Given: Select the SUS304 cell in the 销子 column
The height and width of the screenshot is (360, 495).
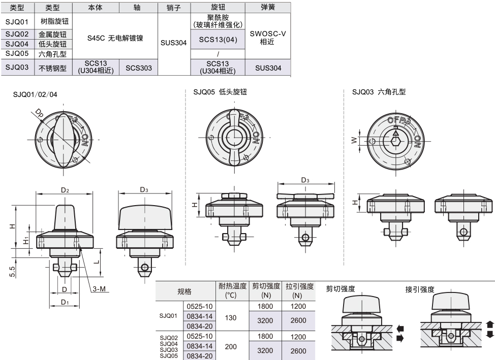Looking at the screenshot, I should click(x=173, y=43).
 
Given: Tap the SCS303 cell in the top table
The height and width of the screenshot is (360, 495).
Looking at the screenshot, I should click(x=138, y=68).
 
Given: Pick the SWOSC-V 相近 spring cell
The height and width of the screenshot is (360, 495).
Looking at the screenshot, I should click(x=268, y=38).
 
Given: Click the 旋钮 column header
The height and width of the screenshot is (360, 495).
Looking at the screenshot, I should click(x=217, y=8).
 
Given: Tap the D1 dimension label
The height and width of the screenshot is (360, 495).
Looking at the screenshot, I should click(x=65, y=302).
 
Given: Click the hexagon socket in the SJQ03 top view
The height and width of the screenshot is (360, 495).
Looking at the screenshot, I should click(x=395, y=140).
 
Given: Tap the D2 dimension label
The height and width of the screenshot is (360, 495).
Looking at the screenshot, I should click(x=65, y=190).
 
